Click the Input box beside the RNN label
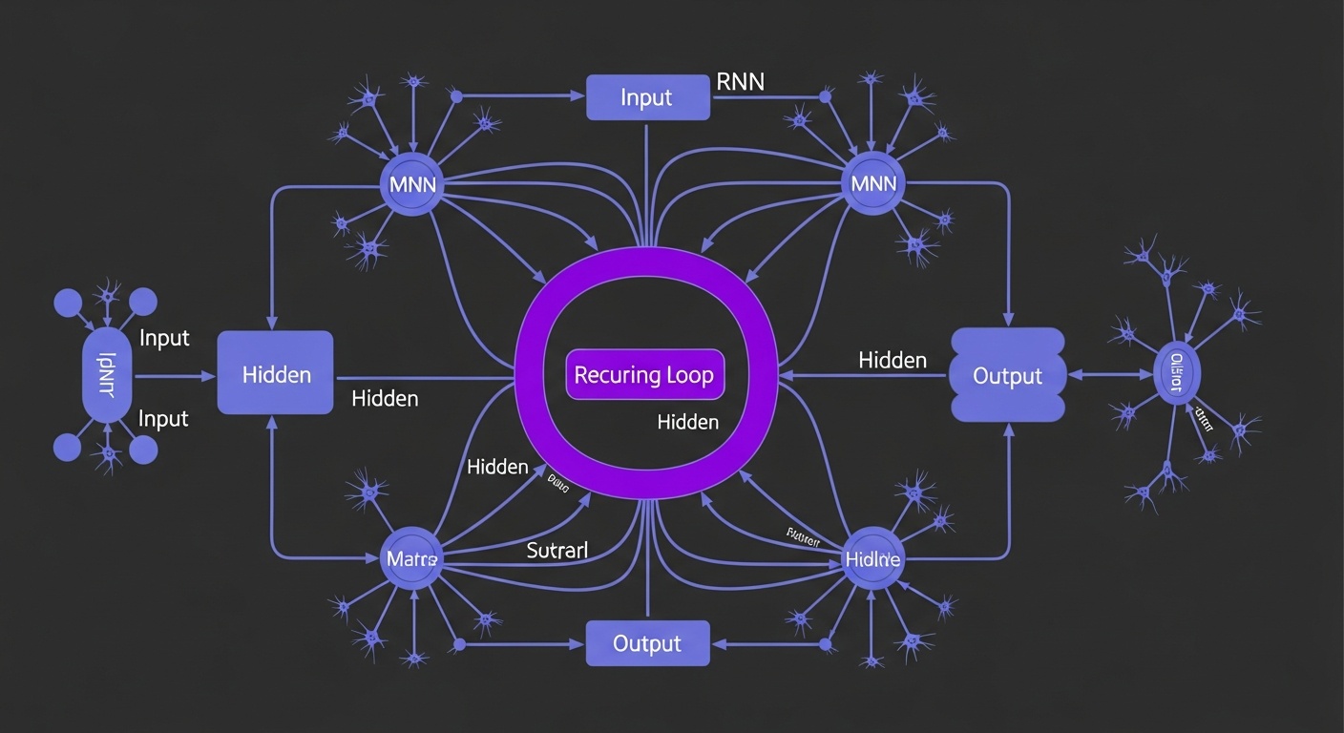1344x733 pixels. pyautogui.click(x=647, y=97)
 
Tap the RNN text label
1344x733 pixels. pyautogui.click(x=740, y=82)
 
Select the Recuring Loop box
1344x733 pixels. pyautogui.click(x=644, y=374)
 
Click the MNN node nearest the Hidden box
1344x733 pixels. pyautogui.click(x=412, y=183)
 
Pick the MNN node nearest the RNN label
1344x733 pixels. pyautogui.click(x=872, y=183)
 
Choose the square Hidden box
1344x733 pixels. pyautogui.click(x=276, y=373)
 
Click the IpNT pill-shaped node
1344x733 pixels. pyautogui.click(x=108, y=374)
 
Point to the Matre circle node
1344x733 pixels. pyautogui.click(x=412, y=557)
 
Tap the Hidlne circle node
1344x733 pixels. pyautogui.click(x=872, y=558)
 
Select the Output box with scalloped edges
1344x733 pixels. pyautogui.click(x=1007, y=375)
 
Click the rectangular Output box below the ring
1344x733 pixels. pyautogui.click(x=647, y=643)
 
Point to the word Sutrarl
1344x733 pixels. pyautogui.click(x=556, y=550)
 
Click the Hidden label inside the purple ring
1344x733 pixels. pyautogui.click(x=687, y=421)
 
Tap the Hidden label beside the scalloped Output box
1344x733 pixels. pyautogui.click(x=892, y=360)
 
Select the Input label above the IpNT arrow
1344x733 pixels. pyautogui.click(x=164, y=338)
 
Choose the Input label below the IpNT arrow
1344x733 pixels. pyautogui.click(x=164, y=418)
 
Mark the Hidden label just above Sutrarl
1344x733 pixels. pyautogui.click(x=497, y=467)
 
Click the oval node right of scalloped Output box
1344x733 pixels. pyautogui.click(x=1176, y=374)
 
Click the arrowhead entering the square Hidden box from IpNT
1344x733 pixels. pyautogui.click(x=210, y=377)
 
